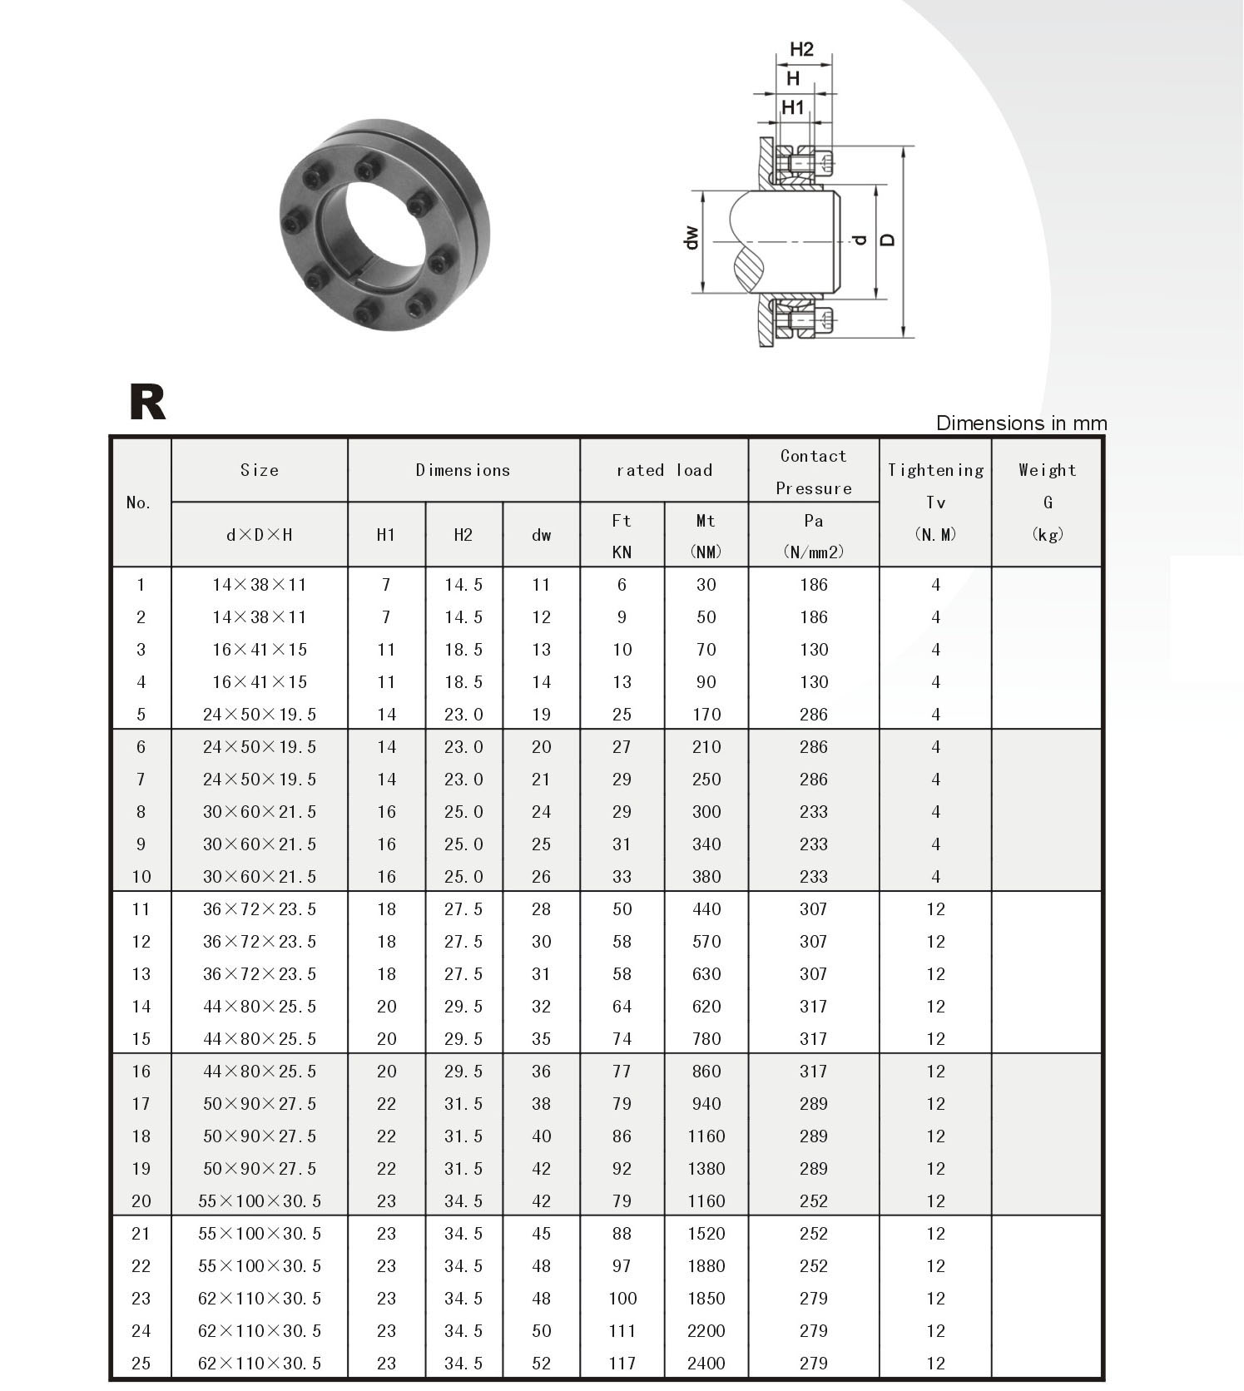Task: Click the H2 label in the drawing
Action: (x=800, y=49)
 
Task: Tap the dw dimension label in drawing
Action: (x=691, y=239)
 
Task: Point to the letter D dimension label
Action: (x=888, y=240)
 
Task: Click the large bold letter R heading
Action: (x=147, y=403)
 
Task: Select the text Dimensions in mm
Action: (x=1021, y=423)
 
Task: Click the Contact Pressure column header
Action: (x=813, y=472)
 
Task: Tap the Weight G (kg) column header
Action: (x=1047, y=502)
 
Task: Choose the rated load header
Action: (x=664, y=470)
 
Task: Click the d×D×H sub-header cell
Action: (x=259, y=535)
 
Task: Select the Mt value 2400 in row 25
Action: (x=706, y=1363)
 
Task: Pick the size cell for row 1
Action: (x=259, y=585)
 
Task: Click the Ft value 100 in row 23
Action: (x=622, y=1298)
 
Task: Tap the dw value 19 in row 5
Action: (x=541, y=715)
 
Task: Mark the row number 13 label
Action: (x=141, y=974)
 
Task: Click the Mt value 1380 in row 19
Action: (x=706, y=1168)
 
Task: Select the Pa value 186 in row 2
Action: (x=813, y=617)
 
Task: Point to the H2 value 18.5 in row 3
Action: (x=463, y=650)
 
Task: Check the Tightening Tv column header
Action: (x=935, y=502)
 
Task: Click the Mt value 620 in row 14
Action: (x=706, y=1007)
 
